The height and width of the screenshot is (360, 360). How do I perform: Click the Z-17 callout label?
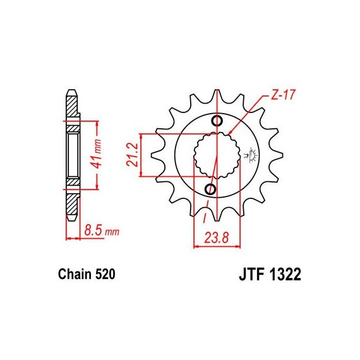pyautogui.click(x=282, y=94)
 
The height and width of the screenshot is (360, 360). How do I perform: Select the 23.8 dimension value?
pyautogui.click(x=217, y=237)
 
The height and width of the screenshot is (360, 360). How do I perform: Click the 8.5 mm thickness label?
pyautogui.click(x=102, y=231)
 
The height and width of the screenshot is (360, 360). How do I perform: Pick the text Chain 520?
pyautogui.click(x=87, y=274)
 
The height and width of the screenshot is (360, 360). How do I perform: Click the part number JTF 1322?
pyautogui.click(x=270, y=274)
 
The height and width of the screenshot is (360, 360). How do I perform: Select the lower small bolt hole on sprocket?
pyautogui.click(x=210, y=189)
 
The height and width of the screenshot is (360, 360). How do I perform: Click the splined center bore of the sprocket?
pyautogui.click(x=217, y=155)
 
